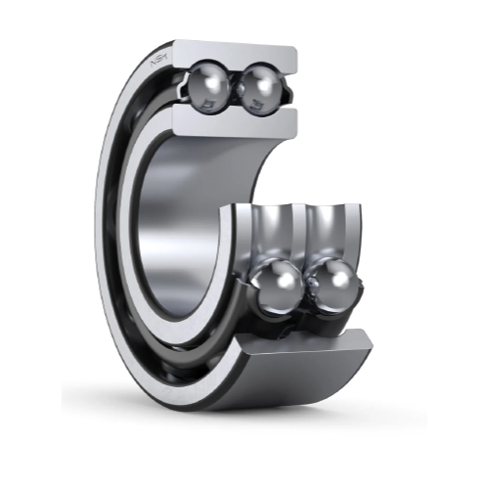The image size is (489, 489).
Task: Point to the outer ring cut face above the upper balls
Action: [235, 54]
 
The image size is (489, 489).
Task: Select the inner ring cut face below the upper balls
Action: [235, 121]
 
